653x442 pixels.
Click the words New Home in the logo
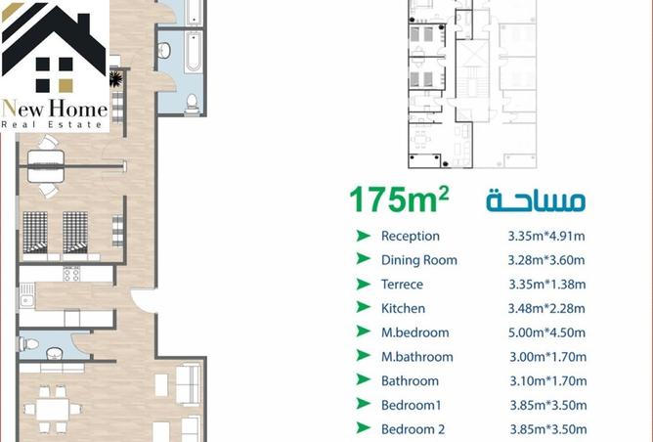(x=54, y=108)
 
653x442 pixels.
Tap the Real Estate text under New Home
(x=53, y=124)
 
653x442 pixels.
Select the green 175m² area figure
(x=400, y=199)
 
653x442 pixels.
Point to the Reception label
(x=411, y=236)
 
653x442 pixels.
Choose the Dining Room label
(x=418, y=260)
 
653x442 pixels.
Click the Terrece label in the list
(x=403, y=285)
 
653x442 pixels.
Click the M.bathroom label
(x=416, y=357)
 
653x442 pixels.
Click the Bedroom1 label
(x=410, y=405)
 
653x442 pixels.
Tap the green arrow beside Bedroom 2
(x=363, y=428)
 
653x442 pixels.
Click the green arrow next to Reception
(x=363, y=236)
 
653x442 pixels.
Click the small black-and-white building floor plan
(x=472, y=83)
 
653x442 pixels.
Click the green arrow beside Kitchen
(x=363, y=308)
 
